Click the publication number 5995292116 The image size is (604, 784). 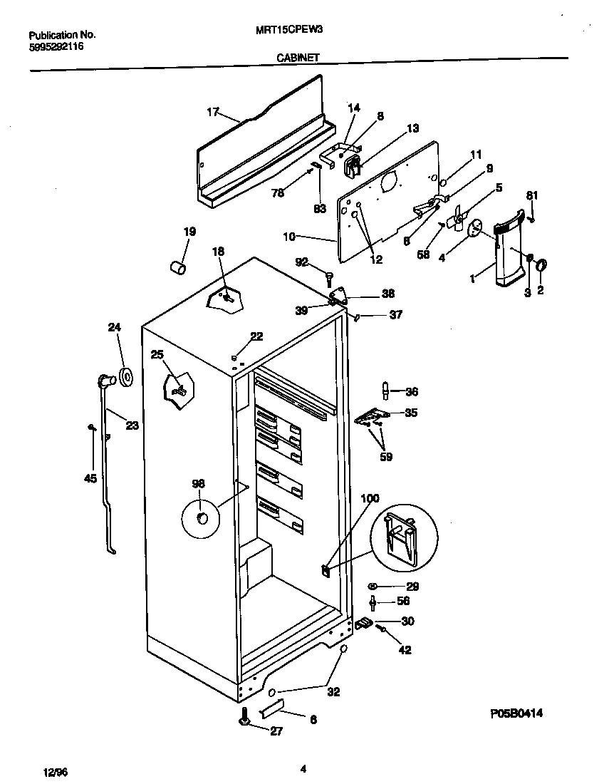57,44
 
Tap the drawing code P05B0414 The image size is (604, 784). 521,713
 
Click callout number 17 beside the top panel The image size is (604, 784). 212,111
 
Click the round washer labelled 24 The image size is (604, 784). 127,378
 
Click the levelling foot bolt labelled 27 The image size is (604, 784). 244,718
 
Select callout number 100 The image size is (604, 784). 370,498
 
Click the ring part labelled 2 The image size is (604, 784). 541,265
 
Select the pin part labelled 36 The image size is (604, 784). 385,391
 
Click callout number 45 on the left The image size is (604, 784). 90,478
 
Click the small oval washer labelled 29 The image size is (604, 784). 372,586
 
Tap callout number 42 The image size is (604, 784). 405,649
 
